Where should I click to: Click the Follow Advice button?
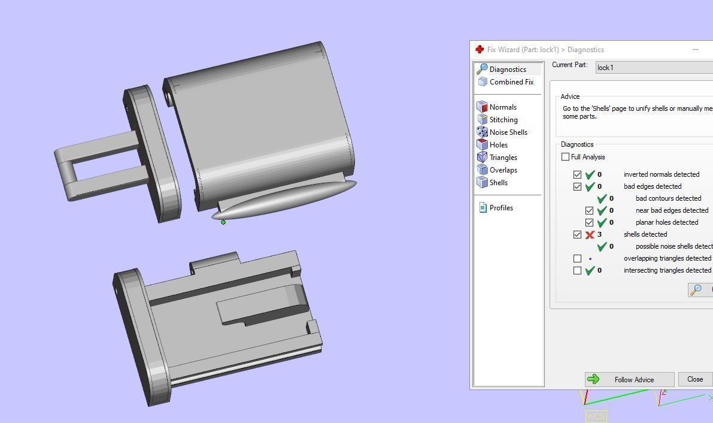coord(629,379)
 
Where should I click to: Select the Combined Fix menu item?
coord(511,82)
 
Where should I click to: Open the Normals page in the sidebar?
coord(502,107)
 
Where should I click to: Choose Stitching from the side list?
coord(503,120)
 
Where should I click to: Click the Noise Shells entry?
coord(508,132)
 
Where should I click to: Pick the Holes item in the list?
coord(498,145)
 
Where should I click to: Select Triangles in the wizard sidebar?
coord(503,158)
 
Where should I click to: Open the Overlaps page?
coord(503,170)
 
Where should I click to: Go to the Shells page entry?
coord(498,183)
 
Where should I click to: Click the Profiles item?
coord(500,208)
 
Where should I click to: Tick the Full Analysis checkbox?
coord(566,157)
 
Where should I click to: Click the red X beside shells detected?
coord(590,234)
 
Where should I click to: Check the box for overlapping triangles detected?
coord(577,258)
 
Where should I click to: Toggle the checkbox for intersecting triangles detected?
coord(577,270)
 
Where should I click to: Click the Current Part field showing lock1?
coord(653,68)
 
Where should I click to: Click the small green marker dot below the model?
coord(223,222)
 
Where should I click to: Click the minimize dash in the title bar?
coord(696,50)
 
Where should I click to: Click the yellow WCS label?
coord(596,416)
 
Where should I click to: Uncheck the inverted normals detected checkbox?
coord(577,174)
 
